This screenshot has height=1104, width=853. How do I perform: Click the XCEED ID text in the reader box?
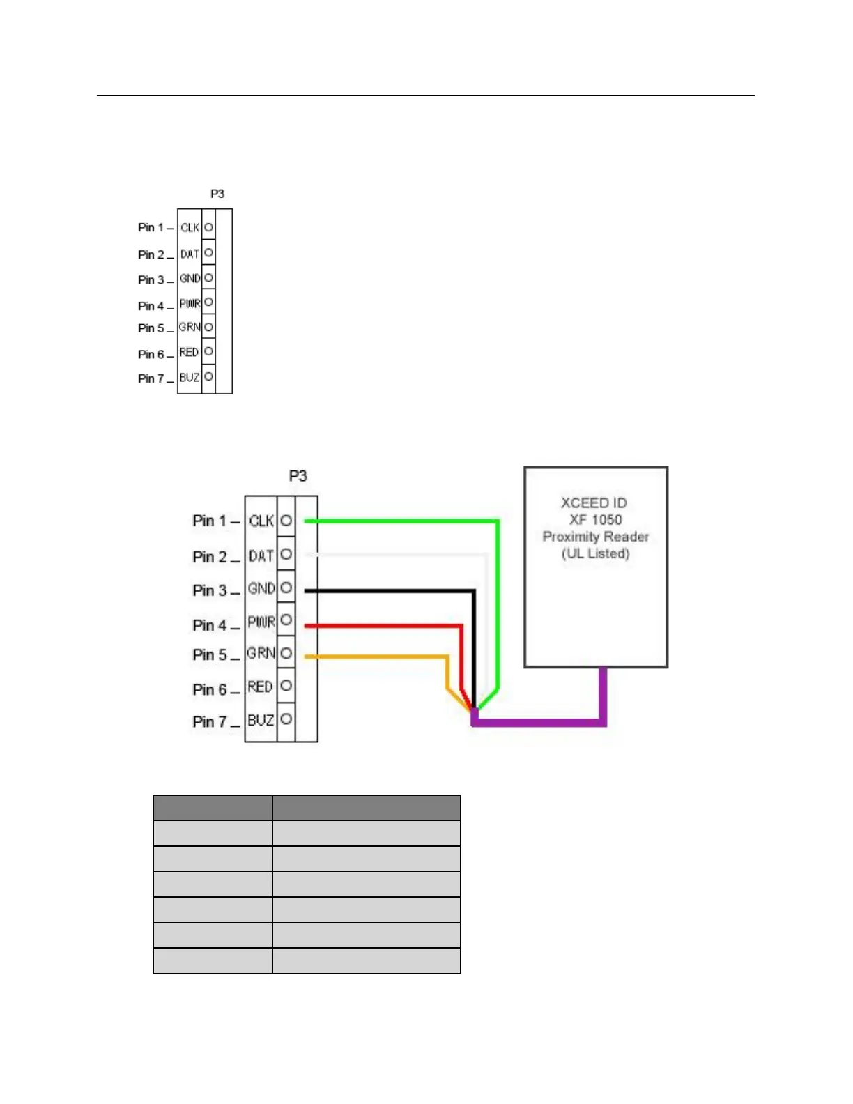(x=594, y=503)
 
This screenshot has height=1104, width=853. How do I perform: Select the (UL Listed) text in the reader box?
(x=596, y=553)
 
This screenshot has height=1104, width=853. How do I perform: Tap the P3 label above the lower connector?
(x=298, y=475)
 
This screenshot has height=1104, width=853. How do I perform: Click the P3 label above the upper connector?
(x=217, y=194)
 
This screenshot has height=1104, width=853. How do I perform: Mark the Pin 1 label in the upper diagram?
(x=151, y=227)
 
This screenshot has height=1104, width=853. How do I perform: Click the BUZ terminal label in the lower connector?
(x=261, y=720)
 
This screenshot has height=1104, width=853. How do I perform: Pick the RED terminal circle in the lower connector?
(x=286, y=686)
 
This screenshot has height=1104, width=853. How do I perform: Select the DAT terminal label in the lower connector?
(x=261, y=556)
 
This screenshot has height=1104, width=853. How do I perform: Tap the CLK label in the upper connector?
(x=190, y=228)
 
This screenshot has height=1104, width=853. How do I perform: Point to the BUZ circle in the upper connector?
(x=208, y=377)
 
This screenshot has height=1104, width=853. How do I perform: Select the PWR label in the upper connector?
(x=190, y=304)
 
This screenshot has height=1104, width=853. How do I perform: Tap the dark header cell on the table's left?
(x=213, y=808)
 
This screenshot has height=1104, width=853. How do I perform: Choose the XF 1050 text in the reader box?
(x=595, y=519)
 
